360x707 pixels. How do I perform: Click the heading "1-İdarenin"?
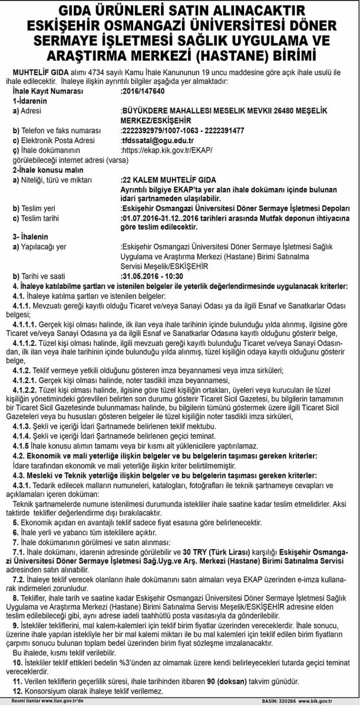click(x=30, y=101)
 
